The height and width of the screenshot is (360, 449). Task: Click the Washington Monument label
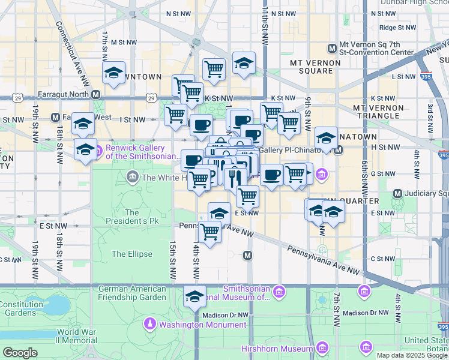coord(202,325)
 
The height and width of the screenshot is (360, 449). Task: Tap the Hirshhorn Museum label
coord(277,348)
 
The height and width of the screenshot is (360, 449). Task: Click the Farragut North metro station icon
coord(96,94)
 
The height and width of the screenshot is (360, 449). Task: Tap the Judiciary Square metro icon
coord(397,193)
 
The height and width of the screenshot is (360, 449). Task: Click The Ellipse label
coord(131,254)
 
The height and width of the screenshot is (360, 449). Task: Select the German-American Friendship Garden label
coord(132,292)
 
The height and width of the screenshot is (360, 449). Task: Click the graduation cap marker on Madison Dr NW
coord(194,296)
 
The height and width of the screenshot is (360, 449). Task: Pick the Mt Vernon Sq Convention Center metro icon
coord(331,48)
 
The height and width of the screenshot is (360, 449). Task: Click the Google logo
coord(20,352)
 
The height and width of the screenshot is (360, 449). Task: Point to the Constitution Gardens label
coord(21,308)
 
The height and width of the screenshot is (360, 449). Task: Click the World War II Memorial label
coord(77,336)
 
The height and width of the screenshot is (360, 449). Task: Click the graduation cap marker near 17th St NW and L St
coord(113,73)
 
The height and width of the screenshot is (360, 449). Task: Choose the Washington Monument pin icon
coord(149,325)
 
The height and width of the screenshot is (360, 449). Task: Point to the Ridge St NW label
coord(397,27)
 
